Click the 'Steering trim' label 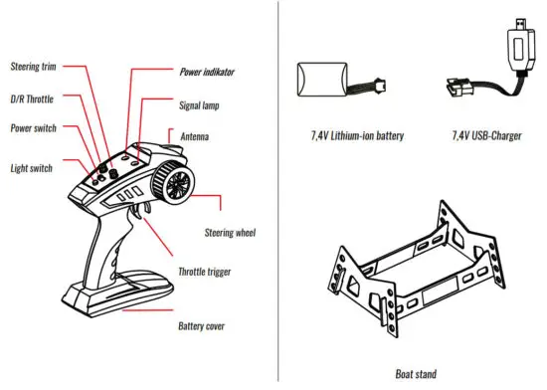[x=33, y=66]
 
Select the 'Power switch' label [x=33, y=127]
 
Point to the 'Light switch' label [x=32, y=168]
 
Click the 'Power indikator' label [x=214, y=73]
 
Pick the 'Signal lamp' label [x=199, y=103]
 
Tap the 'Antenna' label [x=196, y=136]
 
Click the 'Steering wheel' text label [x=231, y=233]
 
